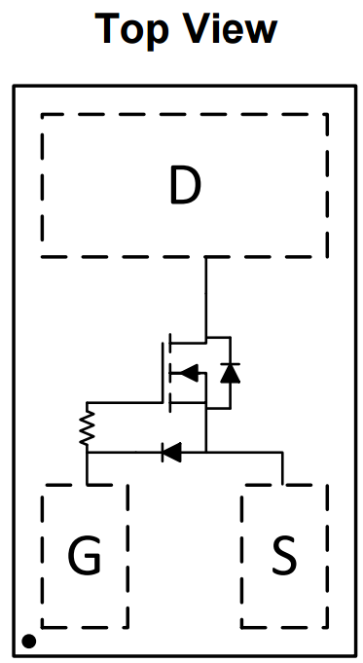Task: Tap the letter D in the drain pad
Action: [x=184, y=186]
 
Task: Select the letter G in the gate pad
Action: [x=85, y=556]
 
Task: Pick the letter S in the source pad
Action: [x=284, y=556]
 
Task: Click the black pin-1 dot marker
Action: [x=29, y=641]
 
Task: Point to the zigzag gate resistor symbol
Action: [x=87, y=425]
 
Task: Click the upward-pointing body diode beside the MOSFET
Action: [x=230, y=372]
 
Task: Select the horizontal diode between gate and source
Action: [x=171, y=451]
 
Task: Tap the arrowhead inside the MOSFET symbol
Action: [x=189, y=372]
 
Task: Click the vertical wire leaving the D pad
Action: [x=205, y=297]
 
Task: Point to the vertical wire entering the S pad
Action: [x=282, y=467]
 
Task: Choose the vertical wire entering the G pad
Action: [x=87, y=468]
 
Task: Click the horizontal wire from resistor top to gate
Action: [x=124, y=402]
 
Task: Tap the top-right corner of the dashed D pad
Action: [x=327, y=115]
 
